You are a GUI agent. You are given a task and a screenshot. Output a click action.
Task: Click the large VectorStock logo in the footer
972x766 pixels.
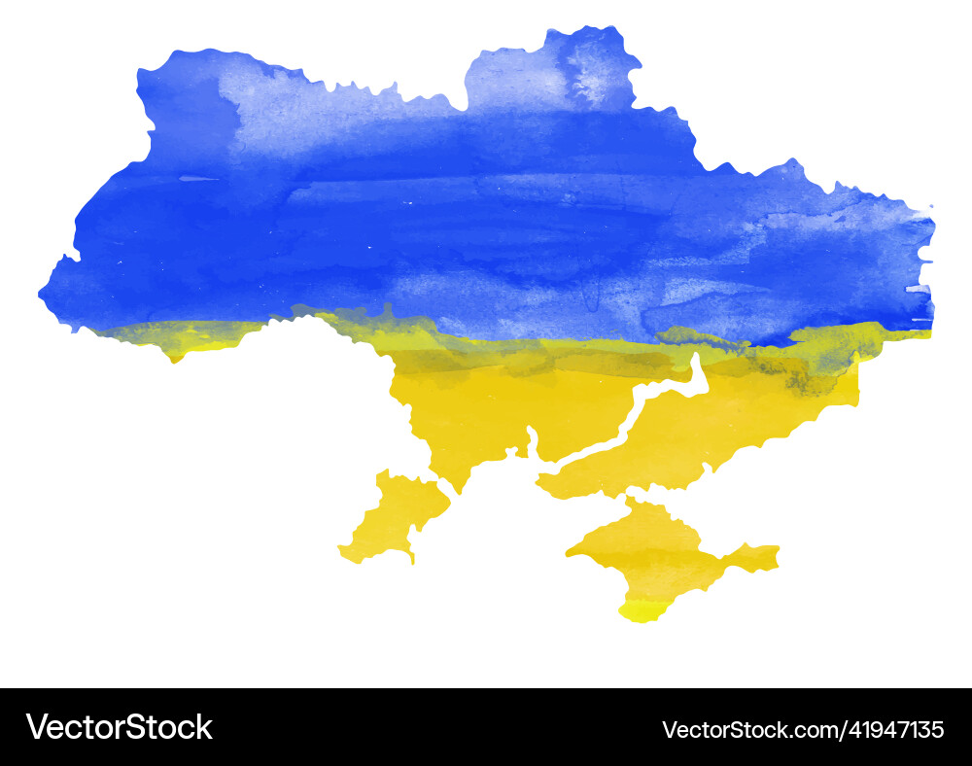119,727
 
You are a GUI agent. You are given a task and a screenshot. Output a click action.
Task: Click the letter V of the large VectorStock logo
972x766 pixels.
36,727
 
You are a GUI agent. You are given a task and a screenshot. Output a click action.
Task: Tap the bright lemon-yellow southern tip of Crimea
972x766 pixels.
642,611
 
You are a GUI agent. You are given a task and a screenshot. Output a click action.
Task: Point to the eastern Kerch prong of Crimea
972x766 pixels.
754,557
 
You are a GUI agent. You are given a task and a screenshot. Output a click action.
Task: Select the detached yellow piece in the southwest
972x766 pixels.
394,515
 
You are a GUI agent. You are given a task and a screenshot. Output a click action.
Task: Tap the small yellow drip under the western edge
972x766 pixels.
175,358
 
